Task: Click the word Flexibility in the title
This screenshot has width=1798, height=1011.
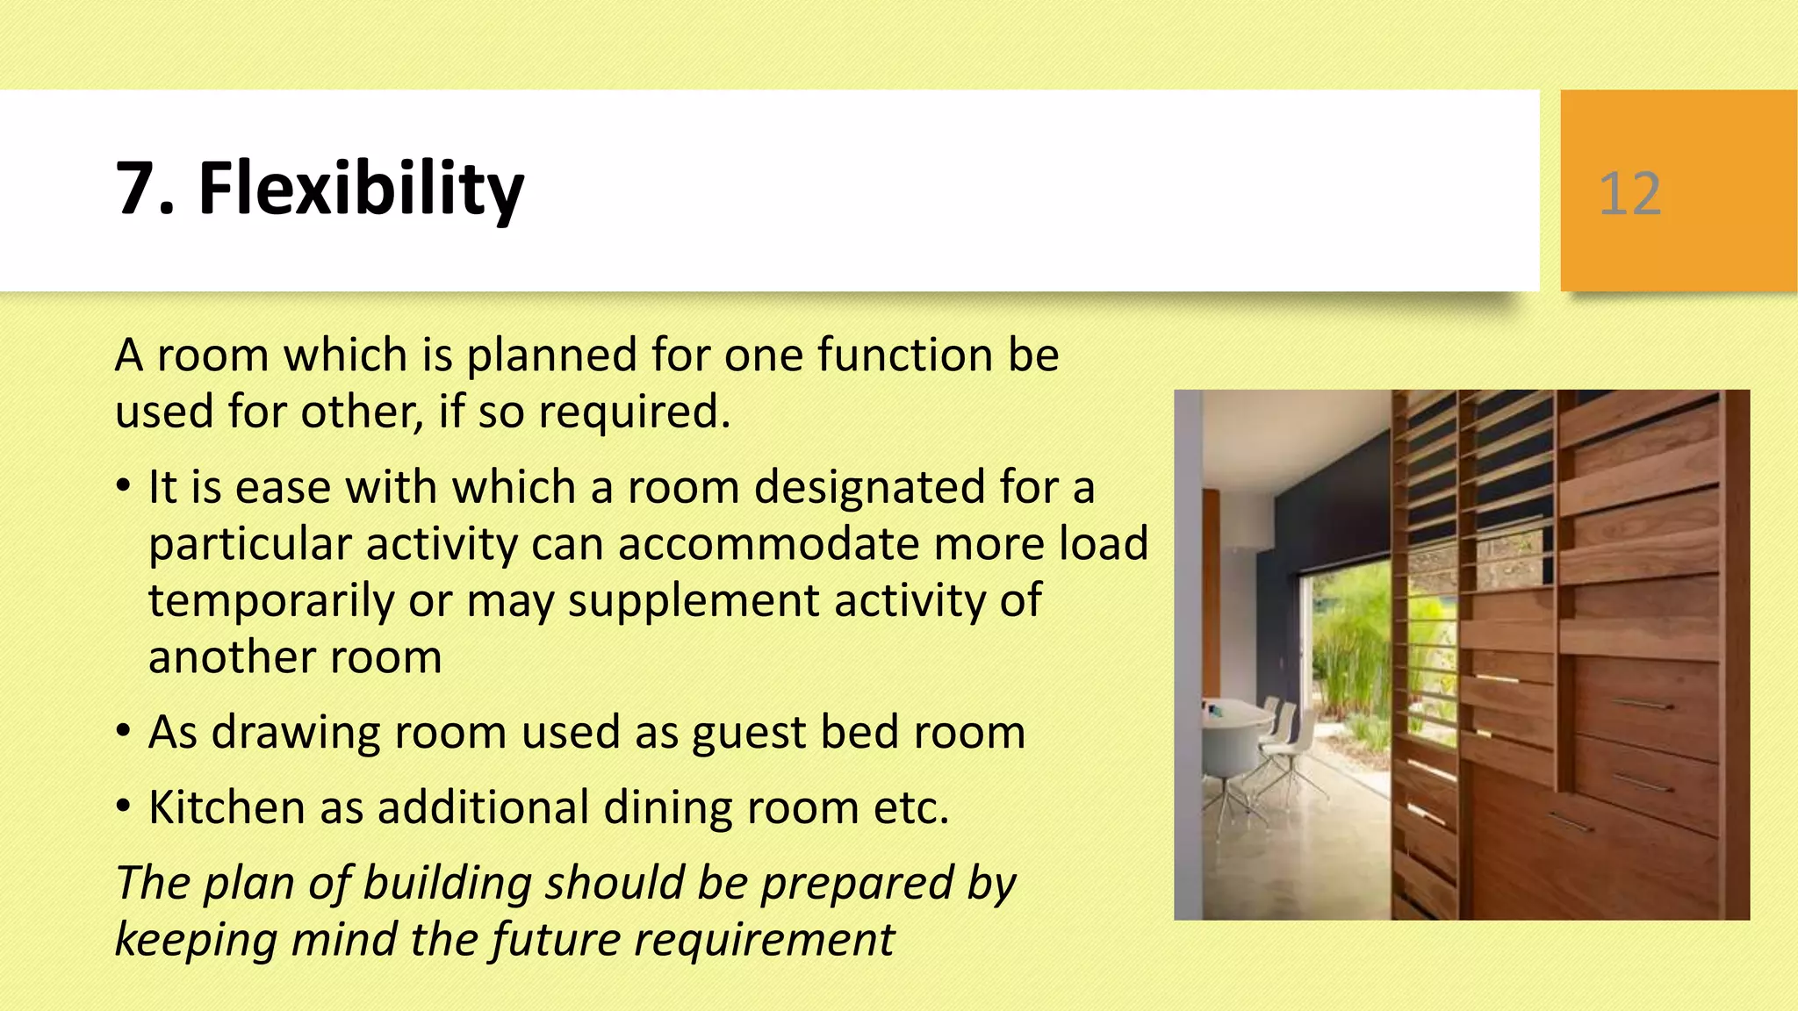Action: (x=361, y=189)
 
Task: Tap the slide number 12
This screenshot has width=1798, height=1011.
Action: (x=1629, y=193)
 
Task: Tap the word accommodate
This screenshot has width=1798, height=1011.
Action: (x=769, y=544)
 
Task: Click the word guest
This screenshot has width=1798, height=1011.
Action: (x=749, y=734)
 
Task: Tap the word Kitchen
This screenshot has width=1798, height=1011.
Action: (x=227, y=807)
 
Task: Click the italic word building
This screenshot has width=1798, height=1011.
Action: (x=447, y=883)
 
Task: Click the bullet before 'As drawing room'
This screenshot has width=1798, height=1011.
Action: (x=125, y=731)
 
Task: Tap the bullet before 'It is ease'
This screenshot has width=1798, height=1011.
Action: (x=125, y=485)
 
